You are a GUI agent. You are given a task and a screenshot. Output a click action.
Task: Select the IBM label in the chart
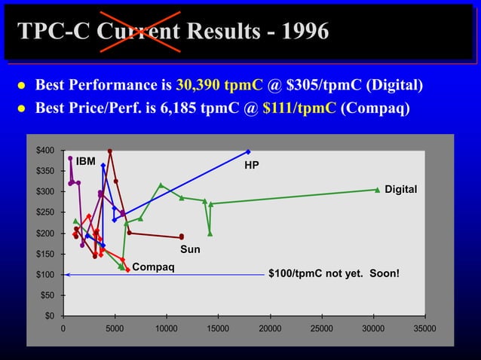(x=85, y=161)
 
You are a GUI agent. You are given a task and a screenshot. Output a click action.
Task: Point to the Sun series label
(x=189, y=249)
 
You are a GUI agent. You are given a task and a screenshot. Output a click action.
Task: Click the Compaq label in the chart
(x=153, y=266)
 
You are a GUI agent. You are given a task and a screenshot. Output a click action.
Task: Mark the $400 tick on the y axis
(x=45, y=151)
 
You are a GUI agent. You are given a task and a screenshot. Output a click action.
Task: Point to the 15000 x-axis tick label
(x=218, y=329)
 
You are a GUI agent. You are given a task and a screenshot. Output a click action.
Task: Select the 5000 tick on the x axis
(x=115, y=329)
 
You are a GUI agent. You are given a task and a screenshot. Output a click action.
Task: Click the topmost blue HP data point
(x=248, y=151)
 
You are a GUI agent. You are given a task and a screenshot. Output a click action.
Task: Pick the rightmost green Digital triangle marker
(x=378, y=190)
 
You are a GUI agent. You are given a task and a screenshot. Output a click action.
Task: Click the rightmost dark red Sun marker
(x=182, y=236)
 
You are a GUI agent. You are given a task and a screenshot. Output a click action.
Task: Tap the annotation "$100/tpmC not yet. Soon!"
(x=334, y=274)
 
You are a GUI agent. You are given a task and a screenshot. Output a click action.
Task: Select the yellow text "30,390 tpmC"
(x=213, y=84)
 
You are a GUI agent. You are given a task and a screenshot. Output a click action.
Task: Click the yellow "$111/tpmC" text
(x=299, y=108)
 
